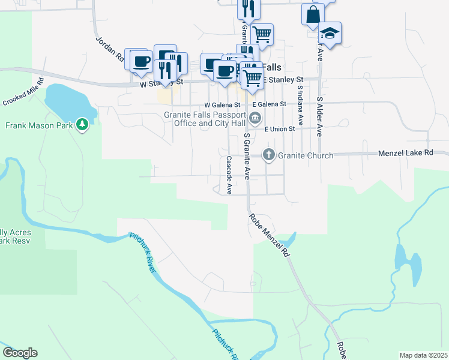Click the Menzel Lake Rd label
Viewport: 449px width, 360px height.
tap(405, 153)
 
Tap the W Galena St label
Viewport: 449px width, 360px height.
tap(222, 104)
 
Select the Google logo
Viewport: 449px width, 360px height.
tap(19, 353)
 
